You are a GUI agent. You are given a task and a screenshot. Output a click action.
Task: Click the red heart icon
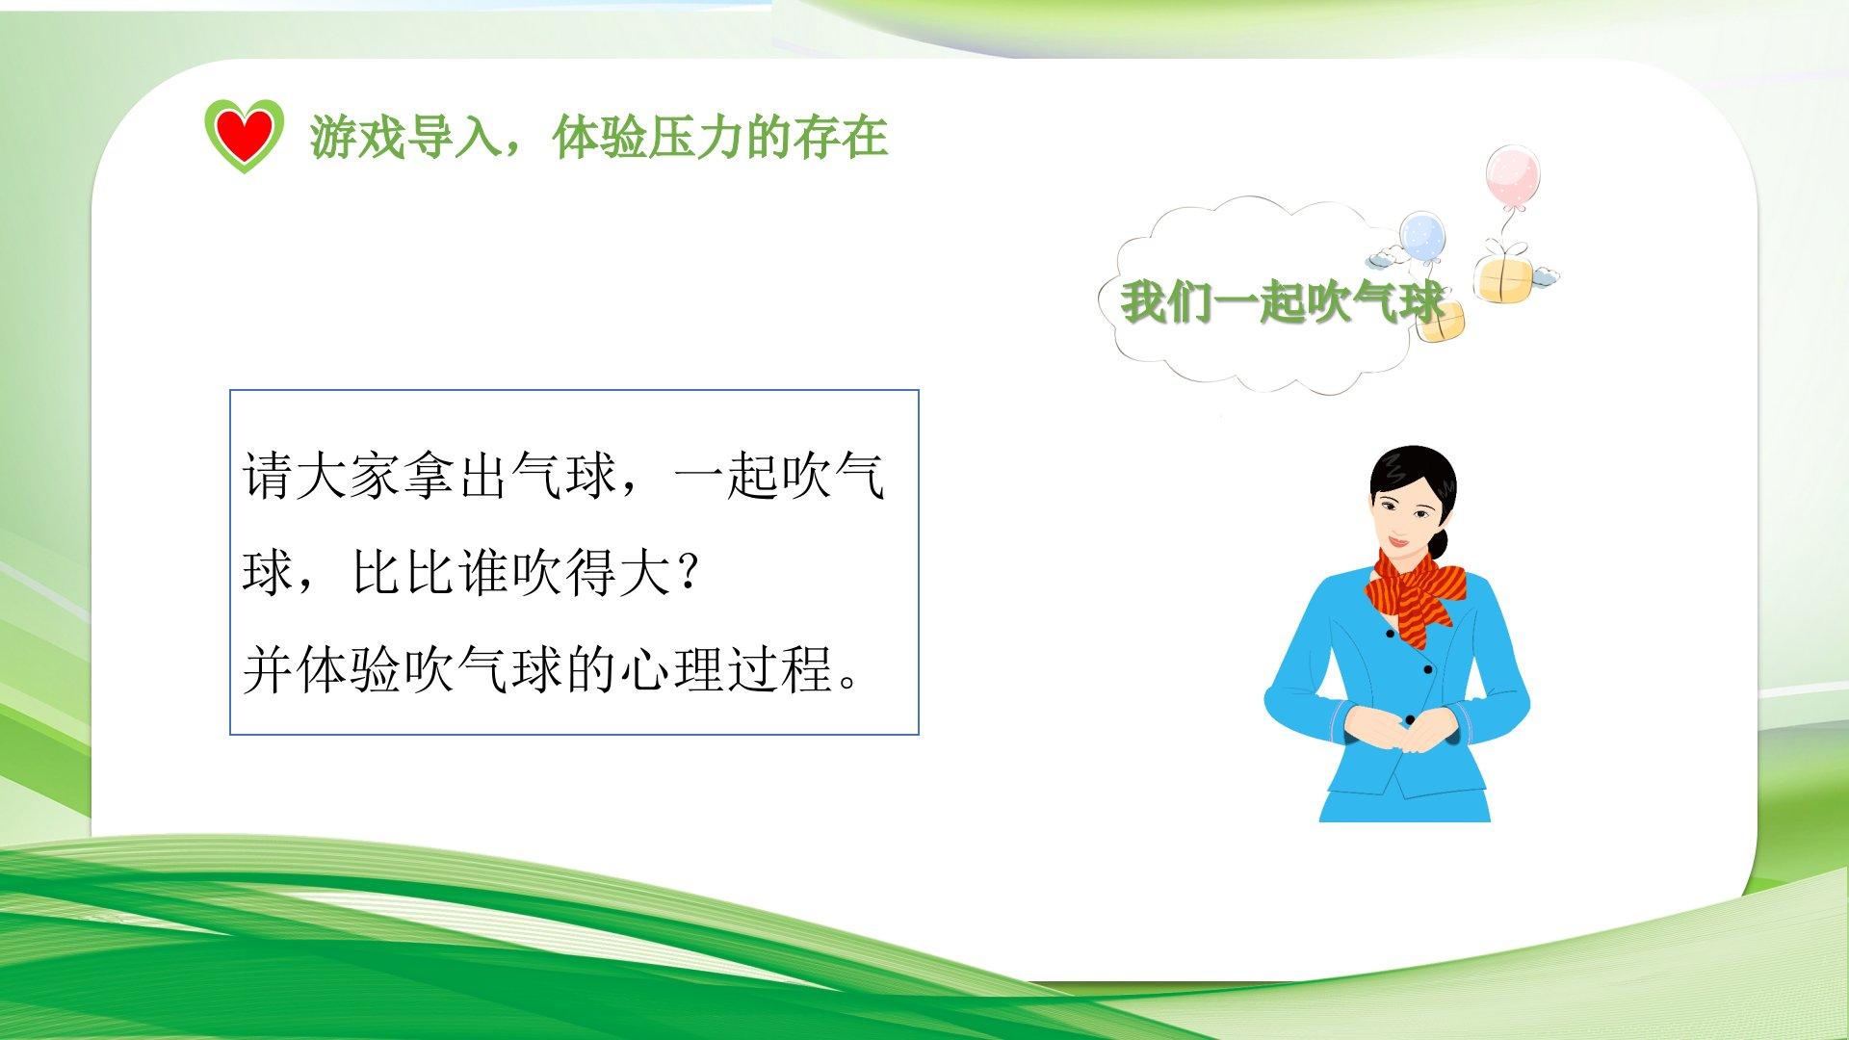tap(245, 136)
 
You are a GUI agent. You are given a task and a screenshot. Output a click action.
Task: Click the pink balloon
tap(1512, 175)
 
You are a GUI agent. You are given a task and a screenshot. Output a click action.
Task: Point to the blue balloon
tap(1422, 237)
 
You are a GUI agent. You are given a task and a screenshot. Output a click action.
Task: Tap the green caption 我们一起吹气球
tap(1282, 302)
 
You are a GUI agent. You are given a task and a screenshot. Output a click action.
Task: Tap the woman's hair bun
tap(1438, 543)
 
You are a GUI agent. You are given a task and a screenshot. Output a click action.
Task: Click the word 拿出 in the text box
tap(456, 476)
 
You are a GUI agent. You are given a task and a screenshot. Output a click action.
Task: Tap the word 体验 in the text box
tap(349, 669)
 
